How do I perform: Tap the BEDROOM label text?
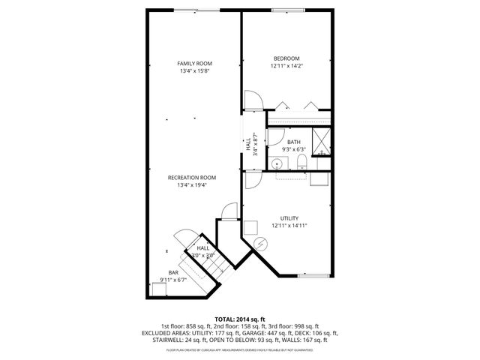(286, 58)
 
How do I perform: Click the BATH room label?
(293, 142)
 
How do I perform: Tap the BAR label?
(173, 272)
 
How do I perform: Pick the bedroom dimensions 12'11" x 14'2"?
(286, 66)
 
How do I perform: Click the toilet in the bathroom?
(301, 163)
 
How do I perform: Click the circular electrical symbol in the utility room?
(260, 244)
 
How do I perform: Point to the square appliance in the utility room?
(251, 228)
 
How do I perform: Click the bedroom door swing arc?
(253, 101)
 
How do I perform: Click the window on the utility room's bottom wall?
(313, 275)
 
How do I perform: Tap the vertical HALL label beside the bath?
(248, 144)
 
